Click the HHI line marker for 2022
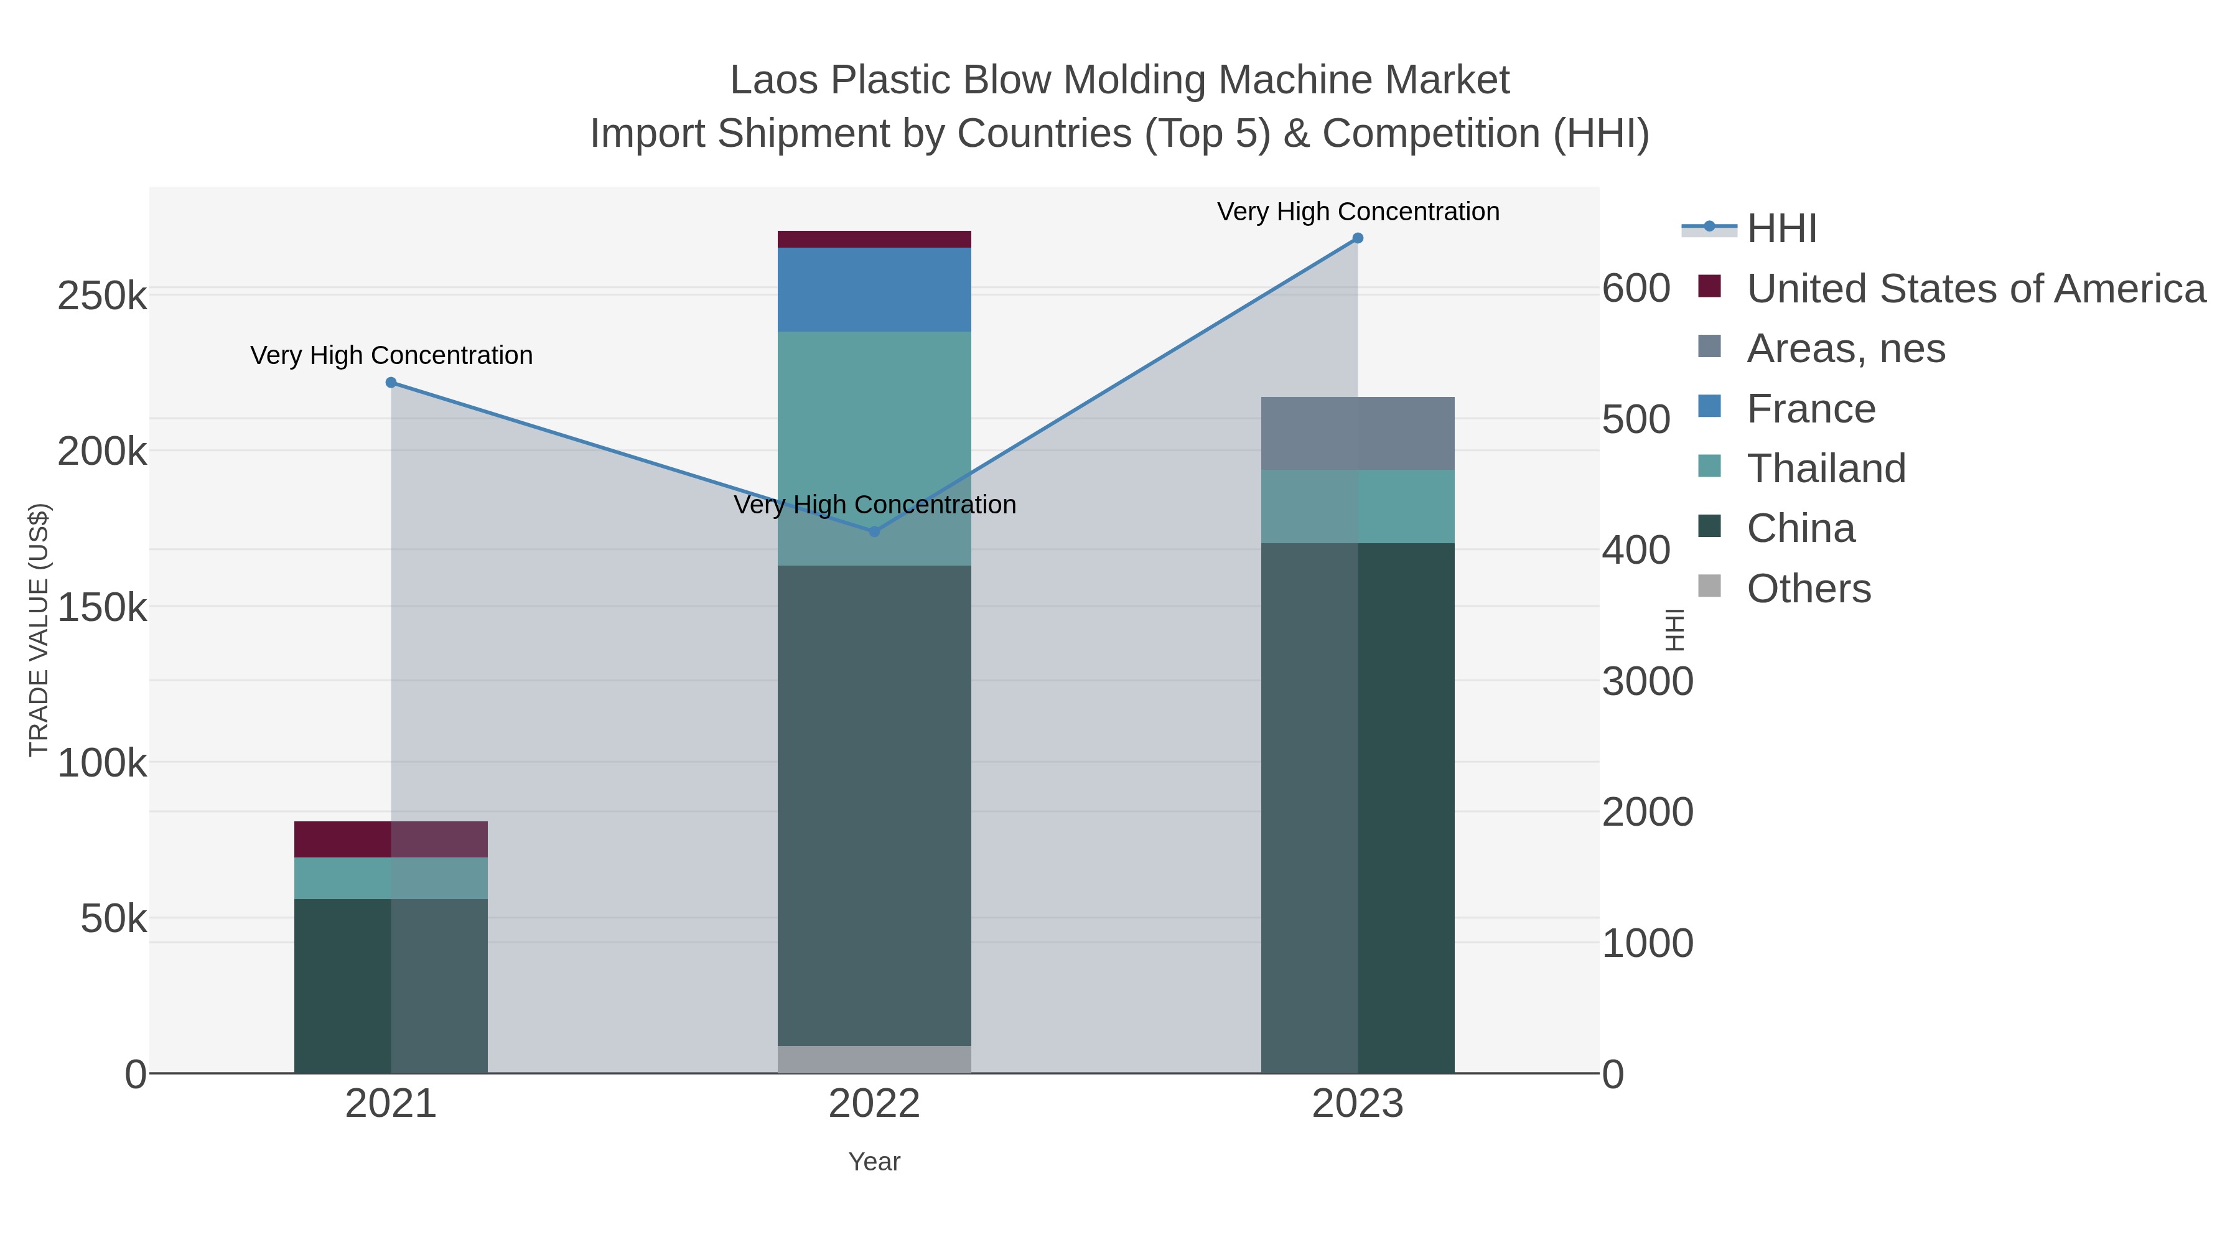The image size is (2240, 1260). (874, 531)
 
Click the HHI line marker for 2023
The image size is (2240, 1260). (1358, 238)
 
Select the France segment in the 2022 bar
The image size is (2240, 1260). (874, 289)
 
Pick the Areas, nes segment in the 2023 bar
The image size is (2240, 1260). (1358, 433)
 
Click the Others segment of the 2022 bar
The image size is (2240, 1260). (874, 1058)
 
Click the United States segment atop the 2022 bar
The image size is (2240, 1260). (874, 239)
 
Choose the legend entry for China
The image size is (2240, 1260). (1800, 528)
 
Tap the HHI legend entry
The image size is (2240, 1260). (1781, 229)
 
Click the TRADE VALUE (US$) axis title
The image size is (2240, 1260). (39, 630)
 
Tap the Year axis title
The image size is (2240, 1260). (874, 1161)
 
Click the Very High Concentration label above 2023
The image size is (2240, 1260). (1358, 212)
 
